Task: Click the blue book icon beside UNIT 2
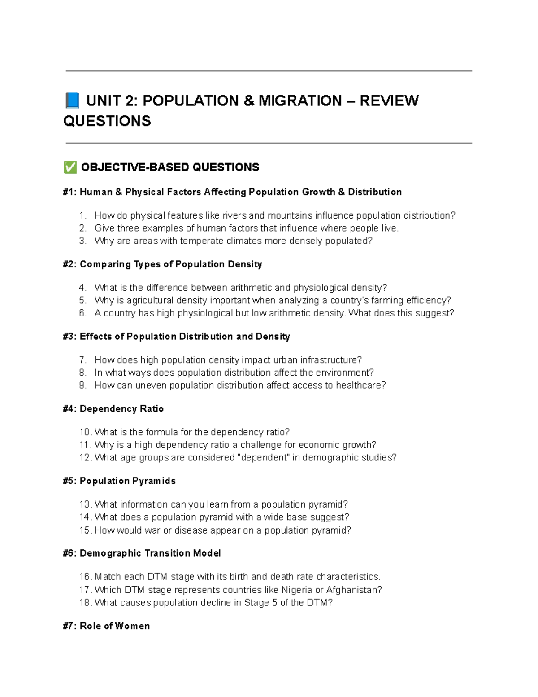(72, 101)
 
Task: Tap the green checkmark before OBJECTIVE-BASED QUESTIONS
(70, 167)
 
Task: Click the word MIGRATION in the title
(300, 101)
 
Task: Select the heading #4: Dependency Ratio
(113, 408)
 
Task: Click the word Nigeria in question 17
(296, 590)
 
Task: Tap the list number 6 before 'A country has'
(82, 313)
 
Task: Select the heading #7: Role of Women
(107, 626)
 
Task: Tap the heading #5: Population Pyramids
(119, 481)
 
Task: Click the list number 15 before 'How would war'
(85, 530)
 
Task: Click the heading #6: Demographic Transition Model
(142, 553)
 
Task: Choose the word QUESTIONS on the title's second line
(107, 121)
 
